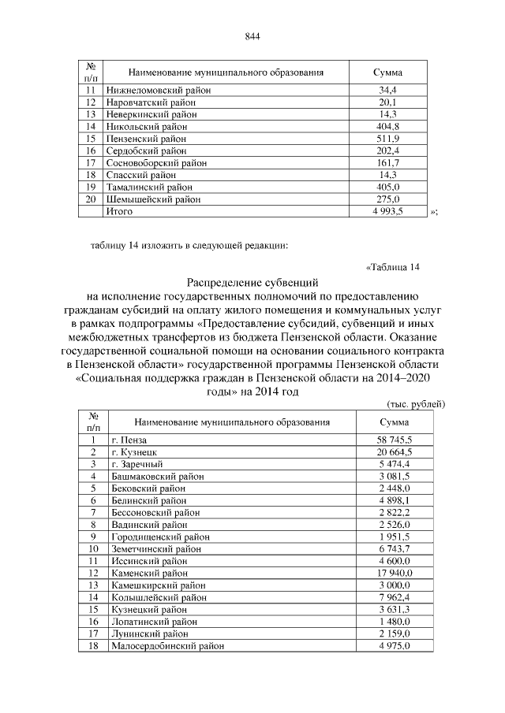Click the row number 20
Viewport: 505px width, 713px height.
tap(91, 199)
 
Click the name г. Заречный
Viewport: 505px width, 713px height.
tap(137, 464)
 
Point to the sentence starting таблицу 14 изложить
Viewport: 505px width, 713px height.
tap(189, 244)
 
